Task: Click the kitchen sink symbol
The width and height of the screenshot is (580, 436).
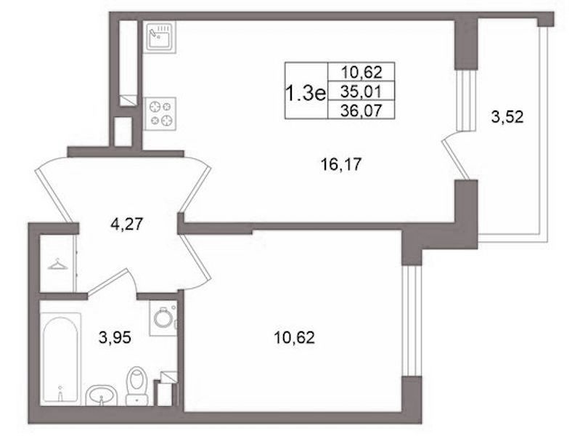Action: (160, 36)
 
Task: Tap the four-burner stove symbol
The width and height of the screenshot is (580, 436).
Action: (160, 113)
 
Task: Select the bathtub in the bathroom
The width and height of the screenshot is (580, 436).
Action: (60, 358)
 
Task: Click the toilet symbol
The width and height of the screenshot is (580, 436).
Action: (136, 386)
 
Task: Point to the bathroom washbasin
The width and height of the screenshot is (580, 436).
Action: (102, 395)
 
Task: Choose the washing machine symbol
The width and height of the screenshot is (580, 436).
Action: (163, 318)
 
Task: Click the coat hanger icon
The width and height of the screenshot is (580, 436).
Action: (57, 264)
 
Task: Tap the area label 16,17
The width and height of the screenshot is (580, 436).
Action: (340, 164)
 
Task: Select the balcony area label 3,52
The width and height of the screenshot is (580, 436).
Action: (507, 117)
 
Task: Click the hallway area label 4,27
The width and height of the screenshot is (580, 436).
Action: (127, 224)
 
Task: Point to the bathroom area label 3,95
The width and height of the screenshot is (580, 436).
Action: (115, 337)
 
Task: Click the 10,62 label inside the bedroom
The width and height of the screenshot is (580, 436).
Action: (295, 337)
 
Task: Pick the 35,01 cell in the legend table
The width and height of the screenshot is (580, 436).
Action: (361, 91)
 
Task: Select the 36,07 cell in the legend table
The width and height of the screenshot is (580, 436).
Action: (361, 110)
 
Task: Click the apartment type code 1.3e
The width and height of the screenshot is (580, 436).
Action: (306, 92)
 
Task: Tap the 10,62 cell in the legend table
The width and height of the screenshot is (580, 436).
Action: (361, 72)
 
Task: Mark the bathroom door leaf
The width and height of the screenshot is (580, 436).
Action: (107, 281)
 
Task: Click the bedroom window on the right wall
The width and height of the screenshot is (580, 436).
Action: (412, 320)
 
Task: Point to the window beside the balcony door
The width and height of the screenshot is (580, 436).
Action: (466, 100)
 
